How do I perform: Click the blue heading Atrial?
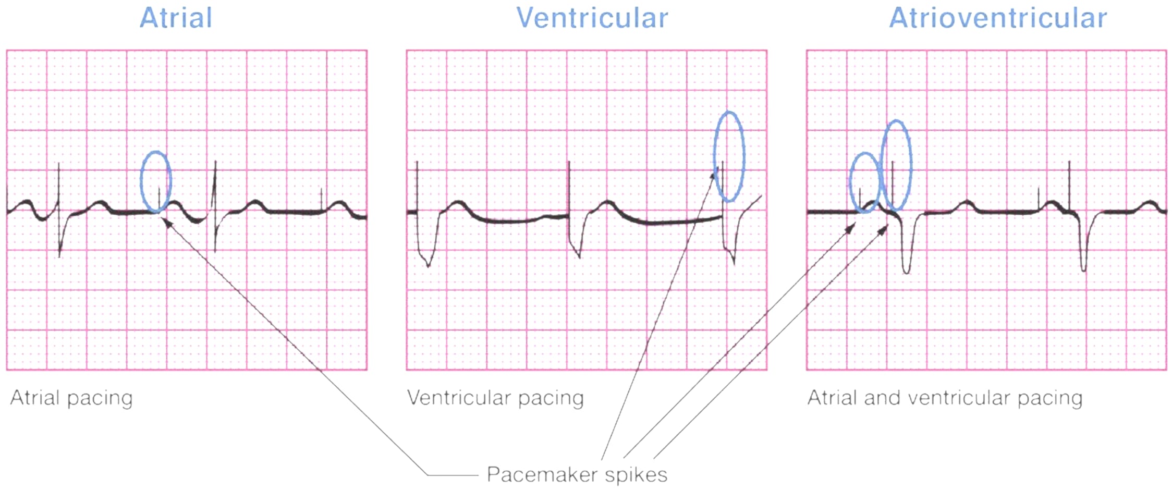tap(176, 18)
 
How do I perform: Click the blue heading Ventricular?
tap(592, 18)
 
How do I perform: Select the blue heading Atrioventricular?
tap(997, 18)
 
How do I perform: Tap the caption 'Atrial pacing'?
tap(71, 398)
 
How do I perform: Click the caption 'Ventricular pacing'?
tap(495, 398)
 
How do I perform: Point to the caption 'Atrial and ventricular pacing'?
tap(945, 398)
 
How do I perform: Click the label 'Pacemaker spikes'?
tap(577, 474)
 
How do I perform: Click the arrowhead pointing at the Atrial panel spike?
tap(165, 222)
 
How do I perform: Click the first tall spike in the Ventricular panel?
tap(417, 188)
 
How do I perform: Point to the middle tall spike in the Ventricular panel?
tap(569, 188)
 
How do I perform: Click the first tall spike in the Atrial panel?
tap(59, 188)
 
